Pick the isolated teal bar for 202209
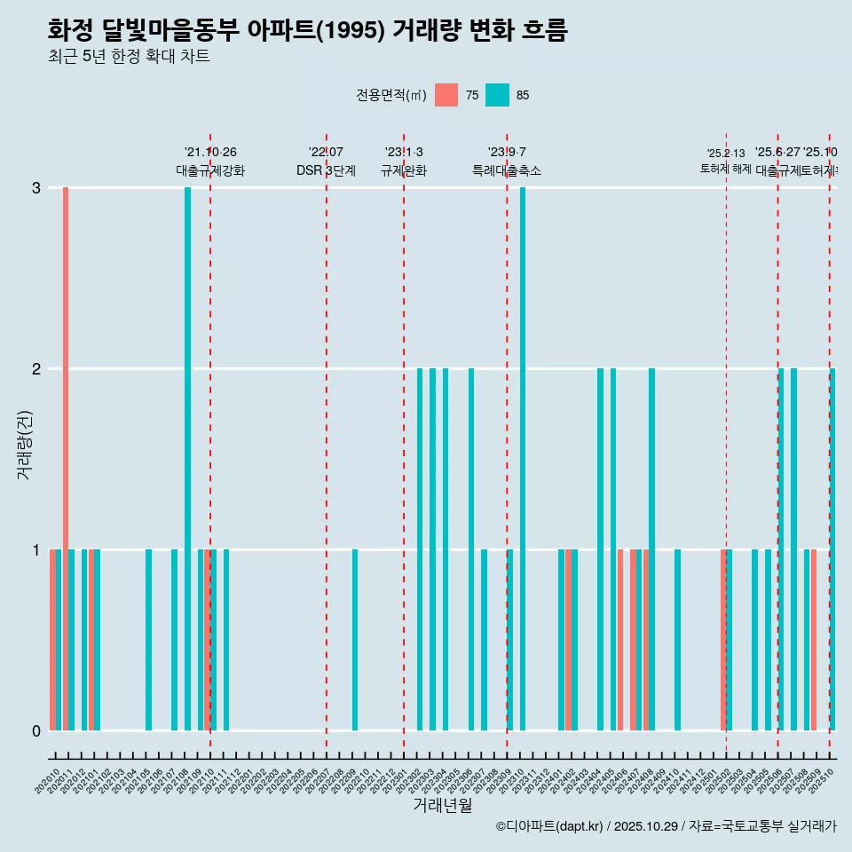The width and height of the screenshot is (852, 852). coord(355,640)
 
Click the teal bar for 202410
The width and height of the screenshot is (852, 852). coord(677,640)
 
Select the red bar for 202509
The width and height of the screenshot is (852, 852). coord(813,640)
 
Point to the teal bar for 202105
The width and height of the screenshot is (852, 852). coord(149,640)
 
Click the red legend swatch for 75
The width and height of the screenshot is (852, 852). coord(446,95)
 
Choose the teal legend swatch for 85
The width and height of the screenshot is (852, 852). coord(498,95)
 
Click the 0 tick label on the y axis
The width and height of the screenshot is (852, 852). coord(36,731)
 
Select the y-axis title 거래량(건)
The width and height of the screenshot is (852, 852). coord(24,445)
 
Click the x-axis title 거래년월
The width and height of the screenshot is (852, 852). coord(442,805)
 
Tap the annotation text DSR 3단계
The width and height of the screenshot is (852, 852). coord(326,170)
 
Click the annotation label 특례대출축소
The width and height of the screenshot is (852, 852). coord(506,170)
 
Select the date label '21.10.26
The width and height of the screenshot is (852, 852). coord(210,153)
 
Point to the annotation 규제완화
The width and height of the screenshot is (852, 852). coord(404,170)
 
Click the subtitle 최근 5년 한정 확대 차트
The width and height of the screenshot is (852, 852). coord(129,57)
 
